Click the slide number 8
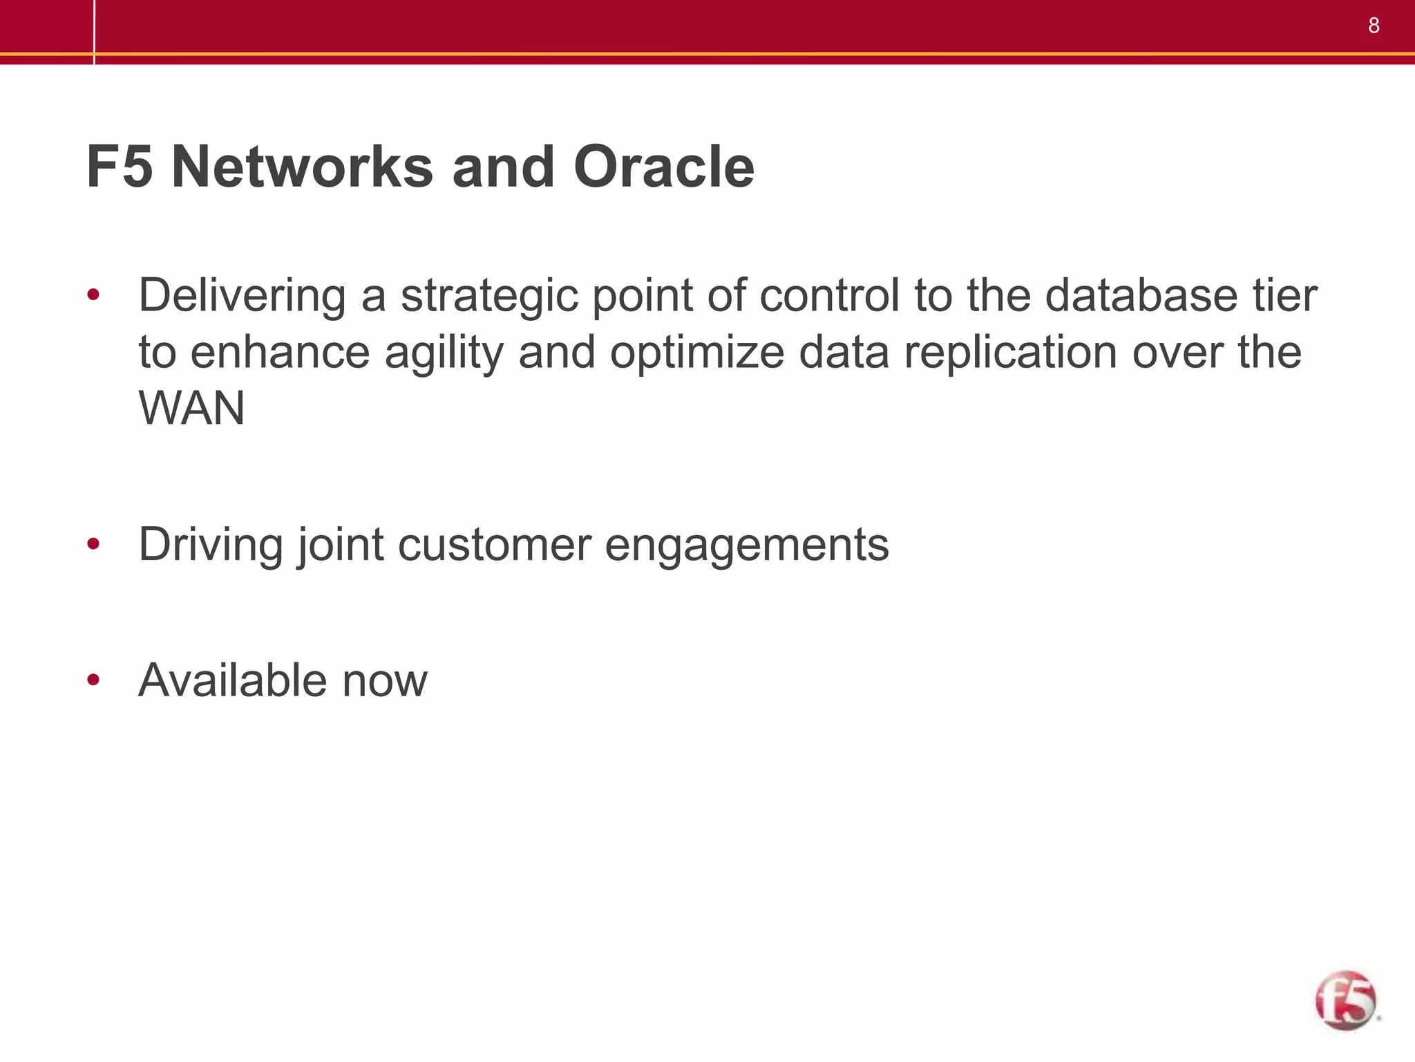point(1374,26)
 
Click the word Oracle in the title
point(663,167)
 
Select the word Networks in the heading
point(303,167)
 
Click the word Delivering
point(242,295)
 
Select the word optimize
point(696,353)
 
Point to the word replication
point(1011,353)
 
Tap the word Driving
point(211,546)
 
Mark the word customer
point(495,545)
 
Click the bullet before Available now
point(94,680)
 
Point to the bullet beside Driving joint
point(94,545)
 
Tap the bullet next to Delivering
point(94,296)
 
